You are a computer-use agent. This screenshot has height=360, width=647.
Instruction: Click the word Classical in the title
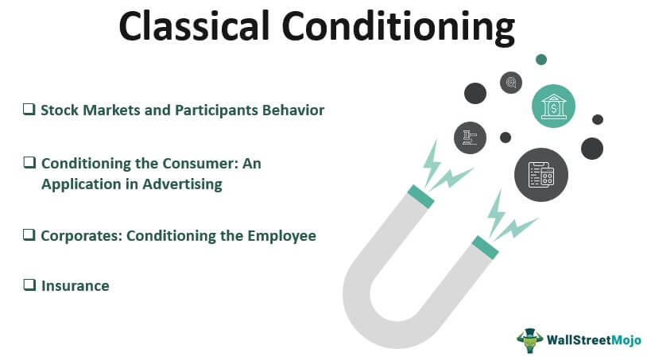click(194, 25)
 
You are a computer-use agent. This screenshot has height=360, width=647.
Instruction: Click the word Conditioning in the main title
click(399, 28)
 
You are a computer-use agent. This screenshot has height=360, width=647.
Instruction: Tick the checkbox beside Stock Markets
click(29, 110)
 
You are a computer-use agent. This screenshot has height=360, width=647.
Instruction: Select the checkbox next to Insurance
click(29, 285)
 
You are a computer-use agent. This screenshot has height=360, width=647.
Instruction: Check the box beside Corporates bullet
click(29, 235)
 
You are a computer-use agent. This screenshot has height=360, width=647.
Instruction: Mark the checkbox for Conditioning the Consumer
click(29, 162)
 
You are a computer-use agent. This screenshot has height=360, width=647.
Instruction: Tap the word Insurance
click(75, 286)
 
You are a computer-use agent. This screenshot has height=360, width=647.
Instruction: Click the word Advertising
click(182, 184)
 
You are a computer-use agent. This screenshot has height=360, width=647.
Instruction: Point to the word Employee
click(282, 236)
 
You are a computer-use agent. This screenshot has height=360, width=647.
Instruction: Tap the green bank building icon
click(553, 106)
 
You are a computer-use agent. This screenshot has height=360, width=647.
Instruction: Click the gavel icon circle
click(470, 137)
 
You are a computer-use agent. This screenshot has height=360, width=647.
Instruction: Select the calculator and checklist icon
click(541, 175)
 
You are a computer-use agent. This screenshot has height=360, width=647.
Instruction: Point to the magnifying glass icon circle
click(511, 83)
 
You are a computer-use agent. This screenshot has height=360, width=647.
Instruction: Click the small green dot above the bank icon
click(541, 60)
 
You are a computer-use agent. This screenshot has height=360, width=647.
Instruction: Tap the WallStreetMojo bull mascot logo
click(530, 340)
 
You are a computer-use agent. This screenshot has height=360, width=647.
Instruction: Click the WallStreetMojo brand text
click(594, 340)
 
